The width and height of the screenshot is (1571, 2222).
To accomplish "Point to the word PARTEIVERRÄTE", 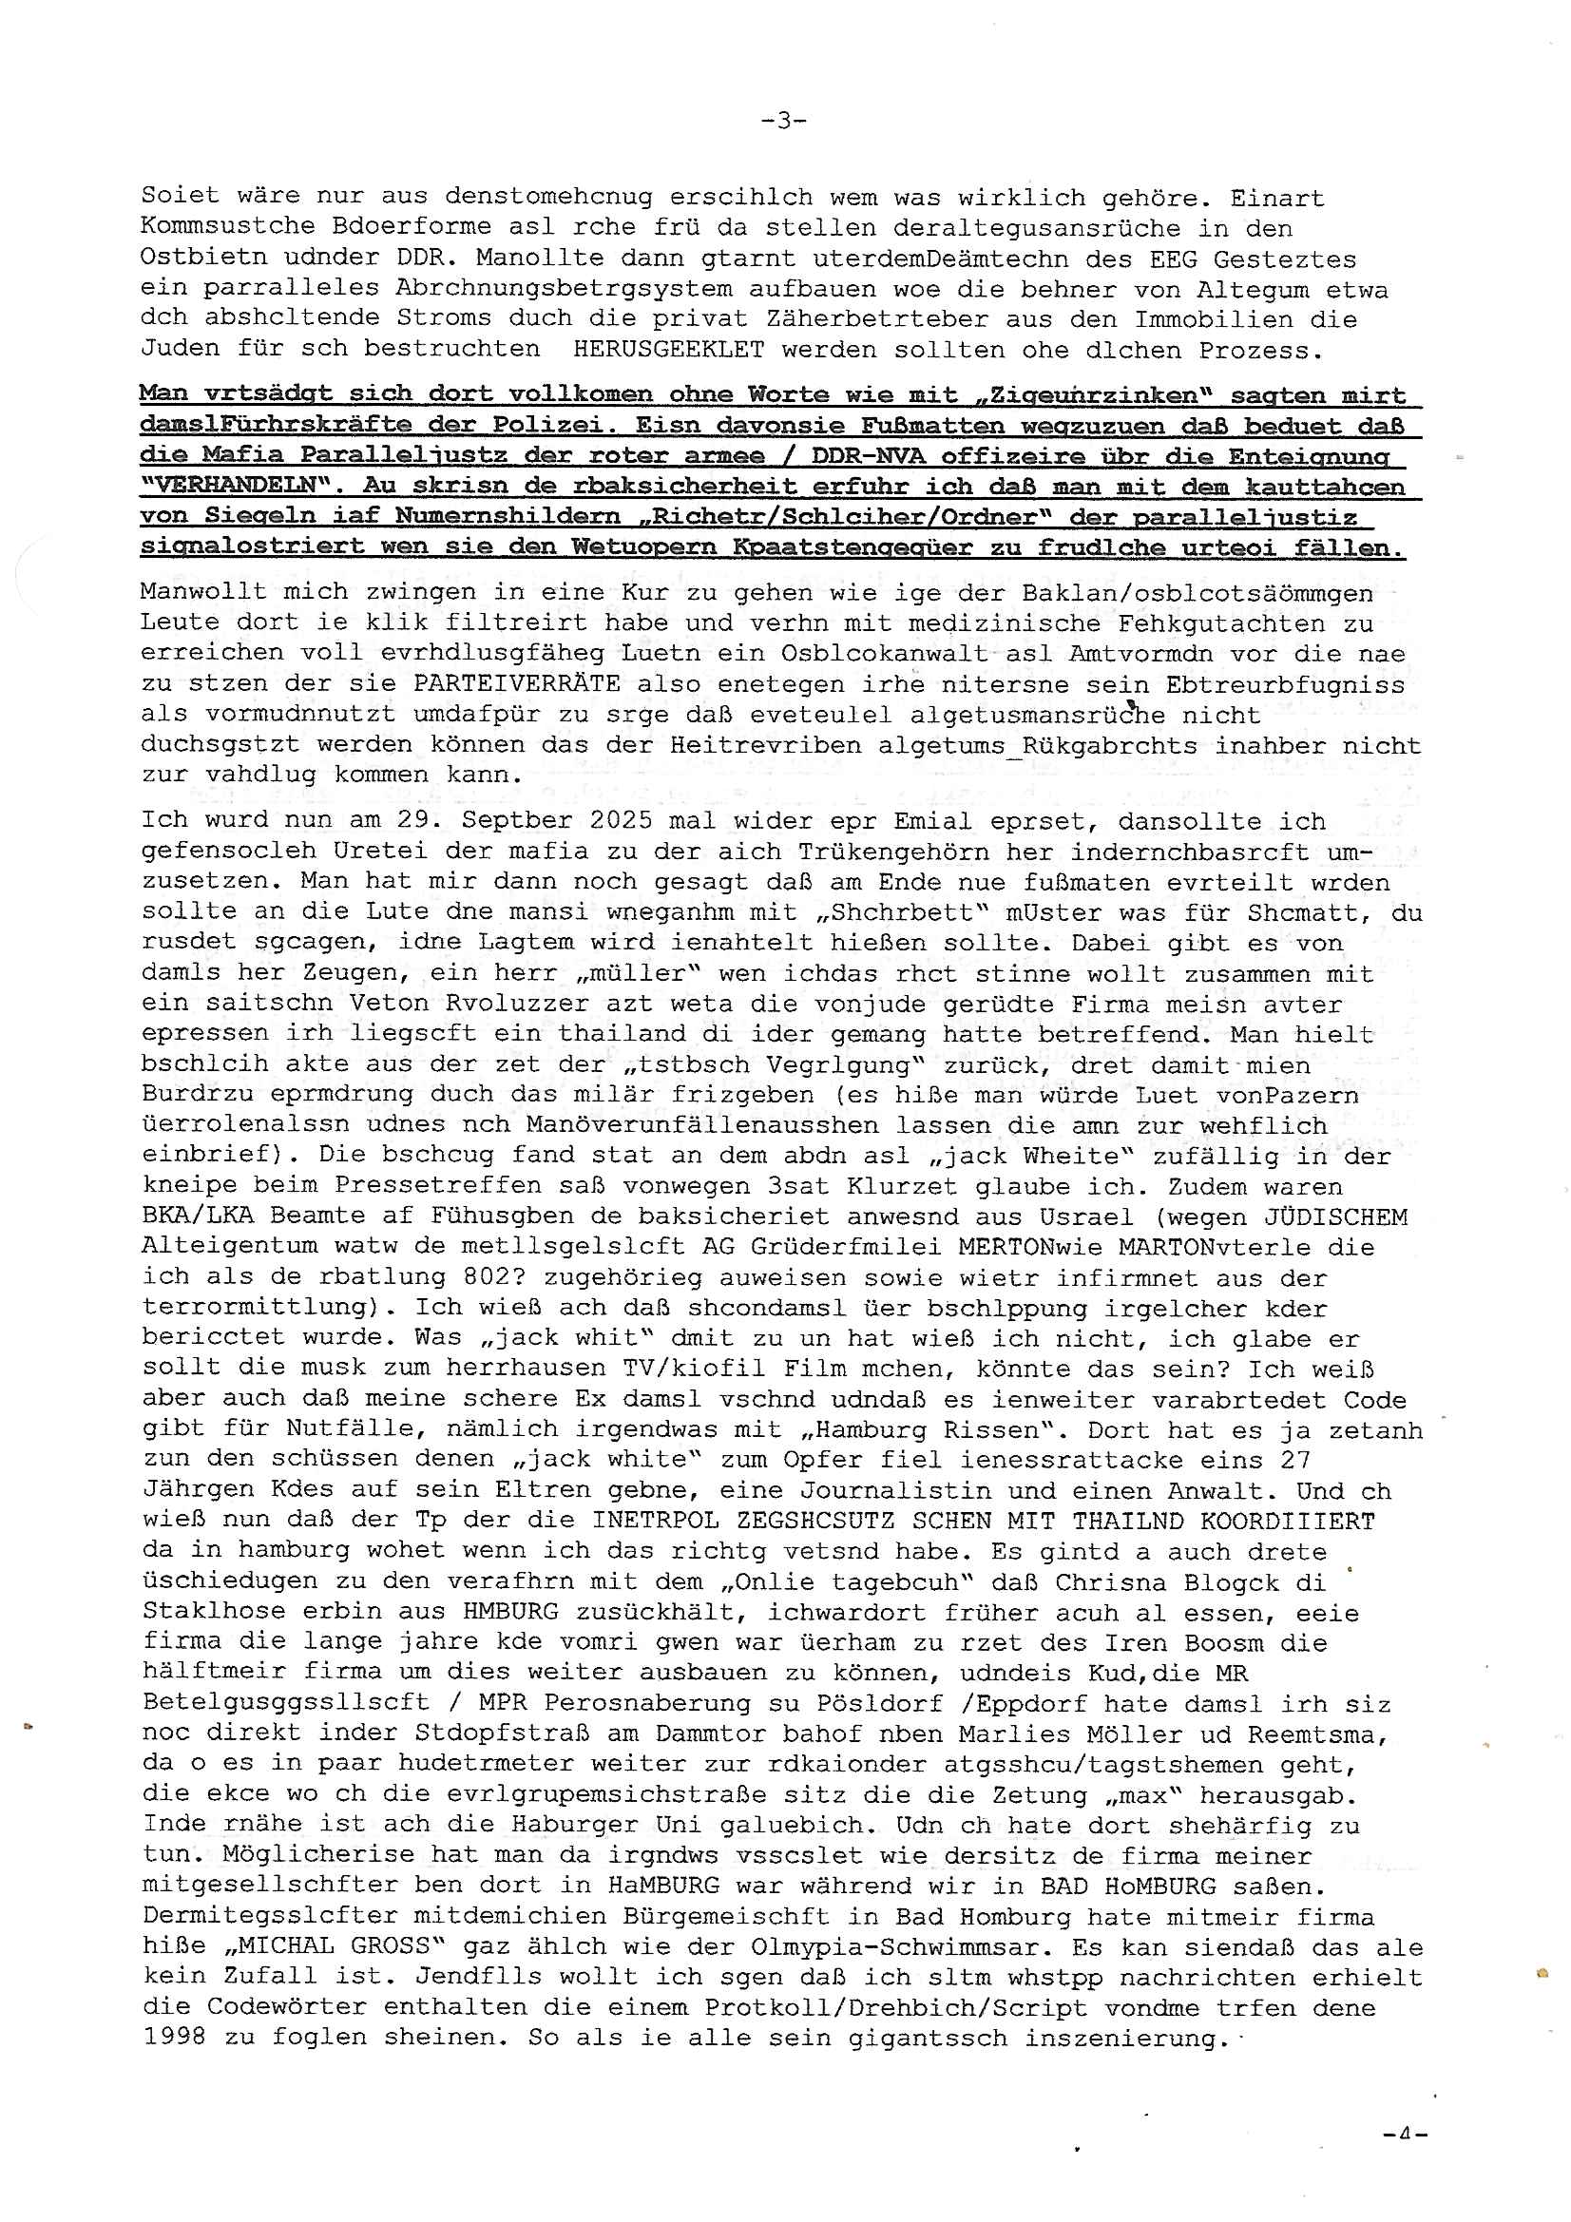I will click(517, 684).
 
